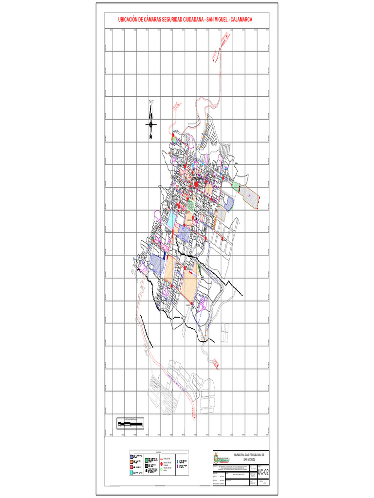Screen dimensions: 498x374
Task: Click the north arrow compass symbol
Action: tap(151, 124)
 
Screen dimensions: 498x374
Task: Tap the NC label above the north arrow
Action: tap(151, 102)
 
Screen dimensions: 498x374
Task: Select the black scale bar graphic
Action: tap(131, 425)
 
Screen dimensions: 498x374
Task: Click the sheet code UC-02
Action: tap(263, 471)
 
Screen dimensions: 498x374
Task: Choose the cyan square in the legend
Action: tap(131, 472)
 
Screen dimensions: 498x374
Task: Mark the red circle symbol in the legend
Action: tap(162, 464)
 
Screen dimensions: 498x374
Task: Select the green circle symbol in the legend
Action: tap(162, 471)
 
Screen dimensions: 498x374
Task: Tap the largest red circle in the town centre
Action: tap(196, 184)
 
